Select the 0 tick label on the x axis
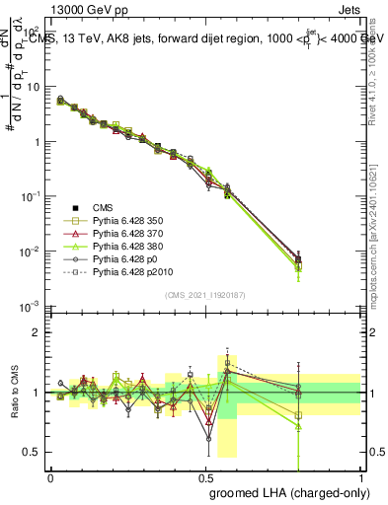click(51, 476)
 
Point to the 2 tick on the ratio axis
click(38, 332)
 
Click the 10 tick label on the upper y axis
click(34, 87)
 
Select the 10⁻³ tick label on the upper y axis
click(32, 306)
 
